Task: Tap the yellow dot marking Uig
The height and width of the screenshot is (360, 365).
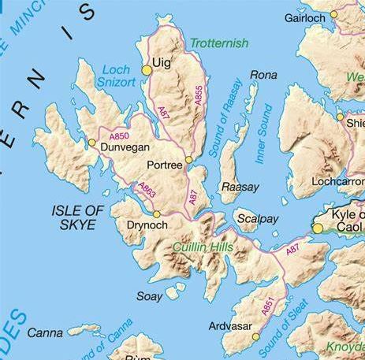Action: click(x=147, y=71)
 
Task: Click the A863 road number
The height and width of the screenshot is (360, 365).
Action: click(x=147, y=189)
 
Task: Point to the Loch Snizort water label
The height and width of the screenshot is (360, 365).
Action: click(x=115, y=75)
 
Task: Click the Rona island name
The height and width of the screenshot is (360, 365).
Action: click(x=263, y=75)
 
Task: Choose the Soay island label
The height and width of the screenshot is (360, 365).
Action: click(x=149, y=297)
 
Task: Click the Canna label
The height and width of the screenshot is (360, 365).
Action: click(x=45, y=333)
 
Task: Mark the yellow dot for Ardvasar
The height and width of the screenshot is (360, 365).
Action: click(x=255, y=336)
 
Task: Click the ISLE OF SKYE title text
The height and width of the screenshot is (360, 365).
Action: click(x=77, y=217)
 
